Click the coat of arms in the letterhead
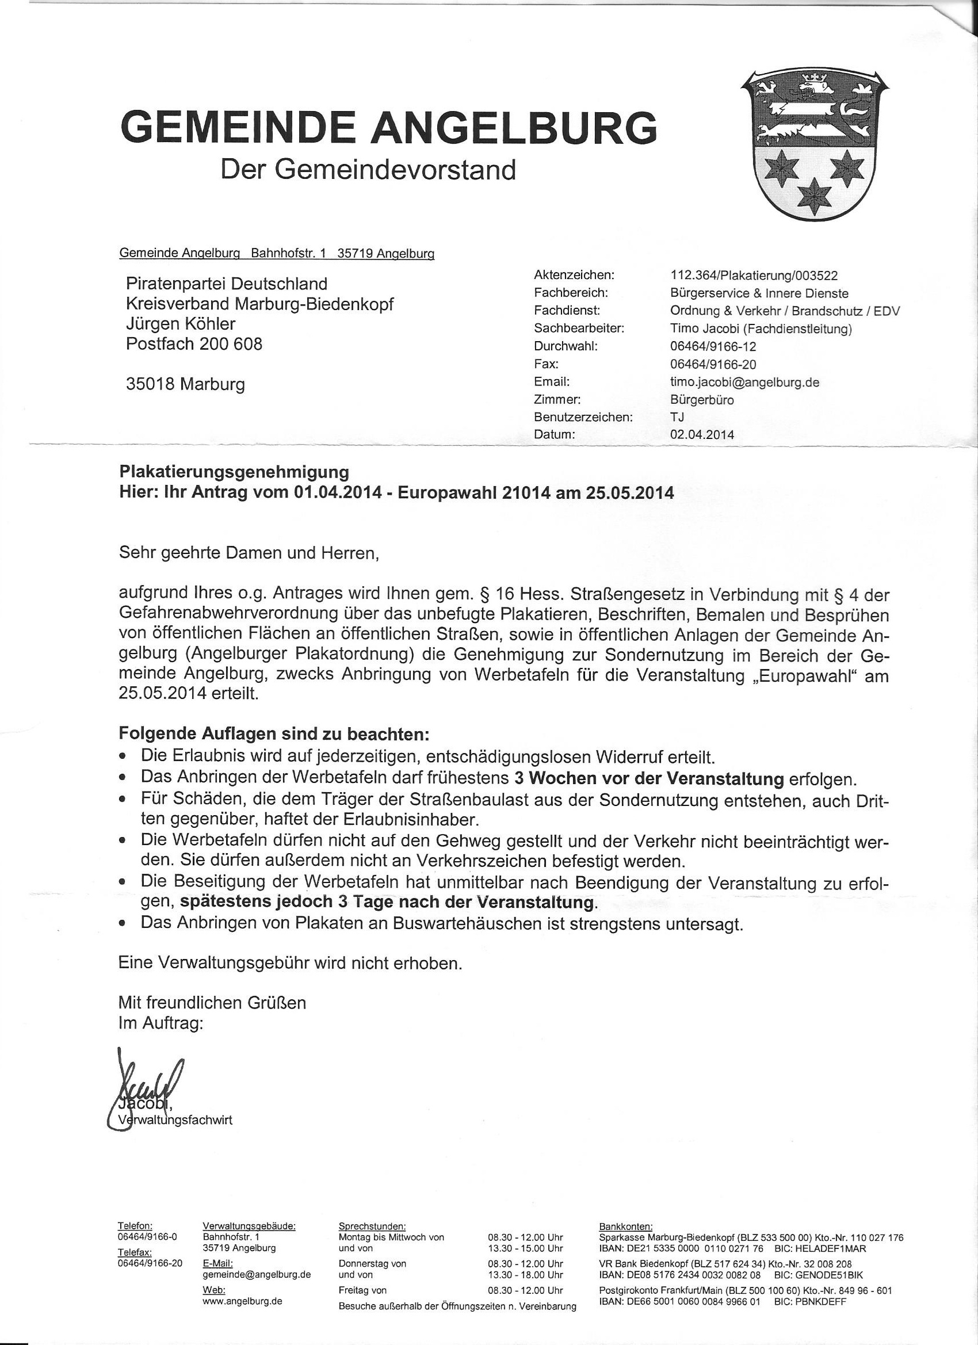[x=815, y=143]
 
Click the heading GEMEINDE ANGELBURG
[x=388, y=127]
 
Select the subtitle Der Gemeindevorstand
[x=368, y=170]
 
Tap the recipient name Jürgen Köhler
[x=180, y=324]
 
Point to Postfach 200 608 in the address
[x=194, y=344]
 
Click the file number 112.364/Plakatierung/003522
[x=754, y=275]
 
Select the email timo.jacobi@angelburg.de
[x=744, y=382]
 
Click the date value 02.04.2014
[x=702, y=435]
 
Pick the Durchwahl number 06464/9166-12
[x=713, y=346]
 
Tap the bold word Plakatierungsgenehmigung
[x=234, y=472]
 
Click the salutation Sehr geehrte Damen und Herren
[x=249, y=553]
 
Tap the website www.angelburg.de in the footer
[x=242, y=1297]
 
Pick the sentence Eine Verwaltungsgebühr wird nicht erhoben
[x=290, y=963]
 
